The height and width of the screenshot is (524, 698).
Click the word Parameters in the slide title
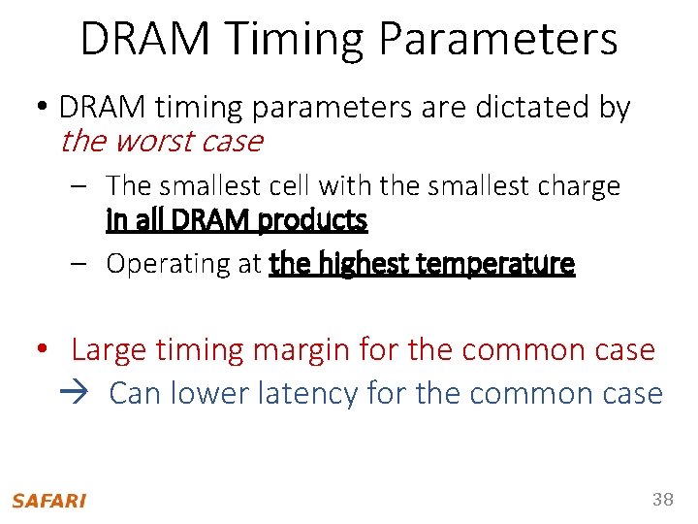click(498, 39)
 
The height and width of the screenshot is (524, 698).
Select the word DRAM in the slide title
click(145, 39)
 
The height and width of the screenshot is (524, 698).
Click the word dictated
click(535, 108)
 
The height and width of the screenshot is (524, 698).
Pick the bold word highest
click(364, 263)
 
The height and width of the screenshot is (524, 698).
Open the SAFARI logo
click(48, 501)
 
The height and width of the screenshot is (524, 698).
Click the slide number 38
click(663, 500)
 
